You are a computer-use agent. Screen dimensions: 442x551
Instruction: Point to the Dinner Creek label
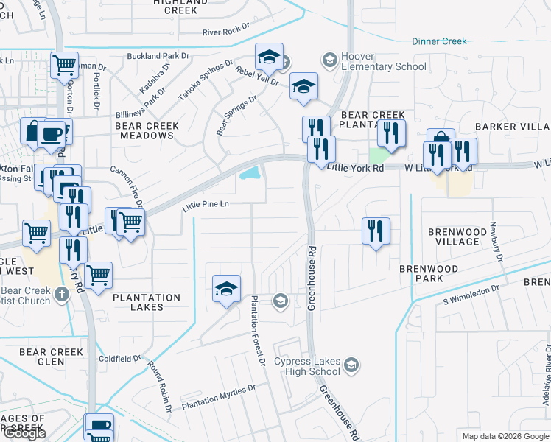click(x=439, y=41)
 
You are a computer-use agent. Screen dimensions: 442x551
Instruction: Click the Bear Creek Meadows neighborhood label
click(x=147, y=130)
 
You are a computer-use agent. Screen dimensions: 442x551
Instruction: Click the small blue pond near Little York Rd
click(x=249, y=174)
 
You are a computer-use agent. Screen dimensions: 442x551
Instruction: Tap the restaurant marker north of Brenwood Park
click(x=376, y=231)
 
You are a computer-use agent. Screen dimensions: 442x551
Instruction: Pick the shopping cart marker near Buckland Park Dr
click(x=64, y=65)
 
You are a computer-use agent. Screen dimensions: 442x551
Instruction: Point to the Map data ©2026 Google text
click(x=505, y=435)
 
